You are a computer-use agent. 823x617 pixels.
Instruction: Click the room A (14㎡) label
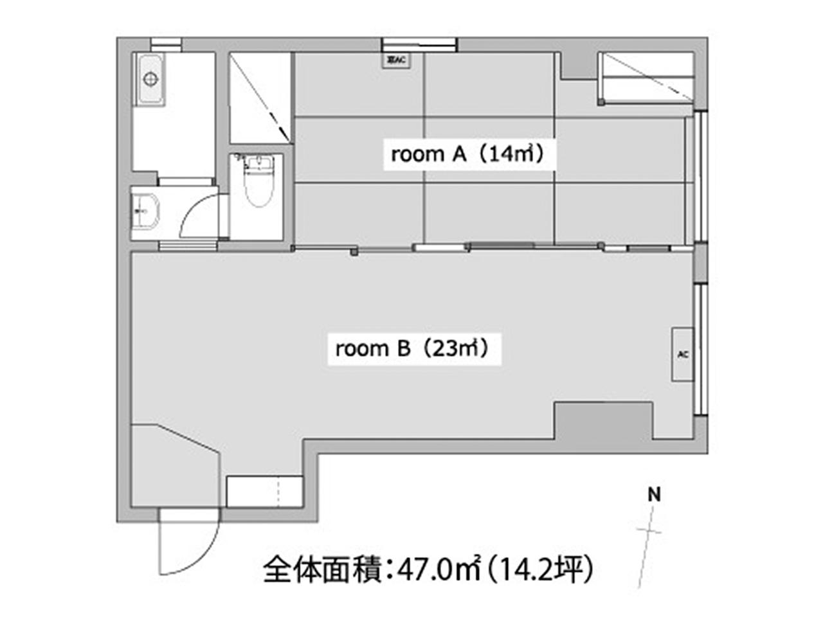[468, 154]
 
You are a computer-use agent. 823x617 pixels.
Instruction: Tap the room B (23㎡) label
[413, 349]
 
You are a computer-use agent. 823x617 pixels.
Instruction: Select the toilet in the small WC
[258, 183]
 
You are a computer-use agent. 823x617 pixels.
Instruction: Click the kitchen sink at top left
[149, 79]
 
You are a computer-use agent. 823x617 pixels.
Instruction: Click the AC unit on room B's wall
[682, 354]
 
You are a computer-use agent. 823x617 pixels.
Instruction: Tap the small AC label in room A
[395, 61]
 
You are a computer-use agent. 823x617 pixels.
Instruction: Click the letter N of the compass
[655, 495]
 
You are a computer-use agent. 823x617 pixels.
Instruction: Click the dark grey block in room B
[603, 420]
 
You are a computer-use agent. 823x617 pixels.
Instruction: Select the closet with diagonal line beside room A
[260, 98]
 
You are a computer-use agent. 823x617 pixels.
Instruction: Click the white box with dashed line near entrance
[264, 492]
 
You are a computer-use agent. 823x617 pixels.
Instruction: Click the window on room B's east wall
[702, 350]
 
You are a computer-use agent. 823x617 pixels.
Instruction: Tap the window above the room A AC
[419, 44]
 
